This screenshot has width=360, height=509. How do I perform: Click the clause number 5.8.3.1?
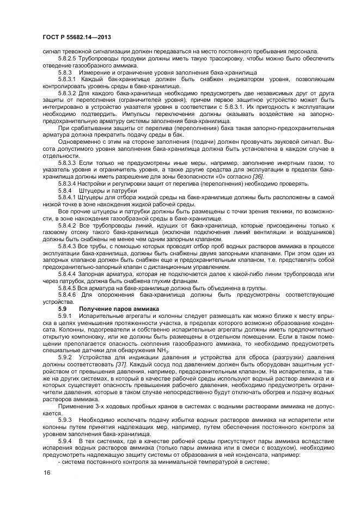68,79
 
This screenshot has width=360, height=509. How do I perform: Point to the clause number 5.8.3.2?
68,94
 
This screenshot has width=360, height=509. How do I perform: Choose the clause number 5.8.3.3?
68,163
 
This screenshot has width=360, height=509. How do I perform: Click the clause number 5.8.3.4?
68,184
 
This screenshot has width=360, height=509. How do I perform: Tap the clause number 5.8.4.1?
68,198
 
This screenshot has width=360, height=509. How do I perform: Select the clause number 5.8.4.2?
68,225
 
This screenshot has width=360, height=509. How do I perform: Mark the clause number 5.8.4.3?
68,246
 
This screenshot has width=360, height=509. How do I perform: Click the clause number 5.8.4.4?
68,274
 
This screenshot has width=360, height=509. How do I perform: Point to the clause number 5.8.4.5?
68,287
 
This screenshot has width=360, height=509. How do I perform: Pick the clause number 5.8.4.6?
68,295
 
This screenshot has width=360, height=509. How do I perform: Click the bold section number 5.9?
63,309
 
